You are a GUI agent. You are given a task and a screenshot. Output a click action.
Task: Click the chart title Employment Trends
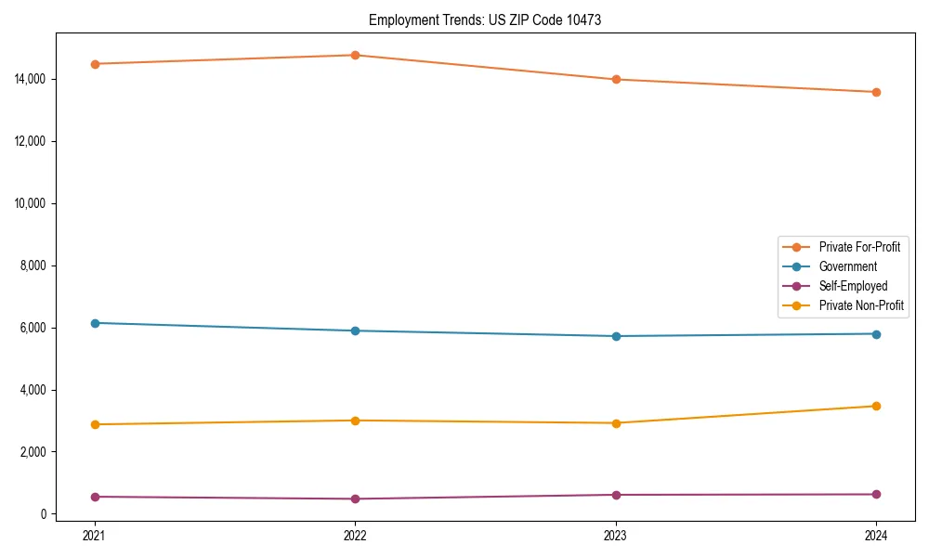[x=485, y=19]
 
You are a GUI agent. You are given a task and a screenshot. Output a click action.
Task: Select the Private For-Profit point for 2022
[x=355, y=55]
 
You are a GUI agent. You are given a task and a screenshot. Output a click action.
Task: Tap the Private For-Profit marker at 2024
[x=876, y=92]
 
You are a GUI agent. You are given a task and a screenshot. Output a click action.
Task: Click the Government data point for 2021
[x=94, y=323]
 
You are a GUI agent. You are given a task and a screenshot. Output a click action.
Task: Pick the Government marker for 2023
[x=616, y=336]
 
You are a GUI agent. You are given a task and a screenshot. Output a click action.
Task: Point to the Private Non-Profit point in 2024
[x=876, y=406]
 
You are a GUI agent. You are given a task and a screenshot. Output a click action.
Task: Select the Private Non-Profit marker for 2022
[x=355, y=421]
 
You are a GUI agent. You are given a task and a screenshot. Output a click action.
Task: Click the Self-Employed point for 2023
[x=616, y=495]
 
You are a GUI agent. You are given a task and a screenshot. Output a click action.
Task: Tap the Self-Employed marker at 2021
[x=94, y=497]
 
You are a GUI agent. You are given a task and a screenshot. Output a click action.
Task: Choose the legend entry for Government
[x=847, y=266]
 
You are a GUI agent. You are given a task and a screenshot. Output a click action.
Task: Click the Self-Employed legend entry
[x=853, y=286]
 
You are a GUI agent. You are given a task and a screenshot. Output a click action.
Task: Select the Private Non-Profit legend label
[x=861, y=305]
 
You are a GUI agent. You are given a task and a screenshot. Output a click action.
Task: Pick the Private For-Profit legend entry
[x=859, y=247]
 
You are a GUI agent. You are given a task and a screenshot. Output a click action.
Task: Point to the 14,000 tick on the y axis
[x=31, y=79]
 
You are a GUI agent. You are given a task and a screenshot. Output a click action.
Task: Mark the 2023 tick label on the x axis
[x=616, y=536]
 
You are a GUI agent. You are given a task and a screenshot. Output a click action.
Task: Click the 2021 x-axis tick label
[x=94, y=536]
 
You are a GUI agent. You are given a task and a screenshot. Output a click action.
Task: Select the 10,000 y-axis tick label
[x=31, y=203]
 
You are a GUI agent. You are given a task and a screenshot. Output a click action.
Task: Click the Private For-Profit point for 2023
[x=616, y=80]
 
